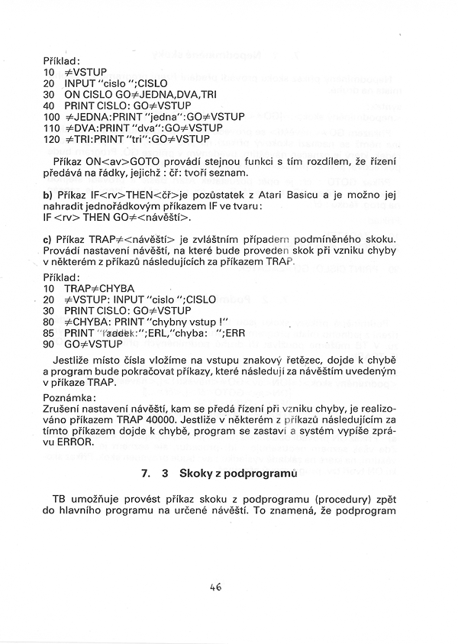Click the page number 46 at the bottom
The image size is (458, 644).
[x=215, y=587]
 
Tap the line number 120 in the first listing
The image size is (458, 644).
[x=52, y=140]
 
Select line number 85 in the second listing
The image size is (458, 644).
[x=50, y=333]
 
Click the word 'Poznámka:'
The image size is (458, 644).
[x=69, y=397]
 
